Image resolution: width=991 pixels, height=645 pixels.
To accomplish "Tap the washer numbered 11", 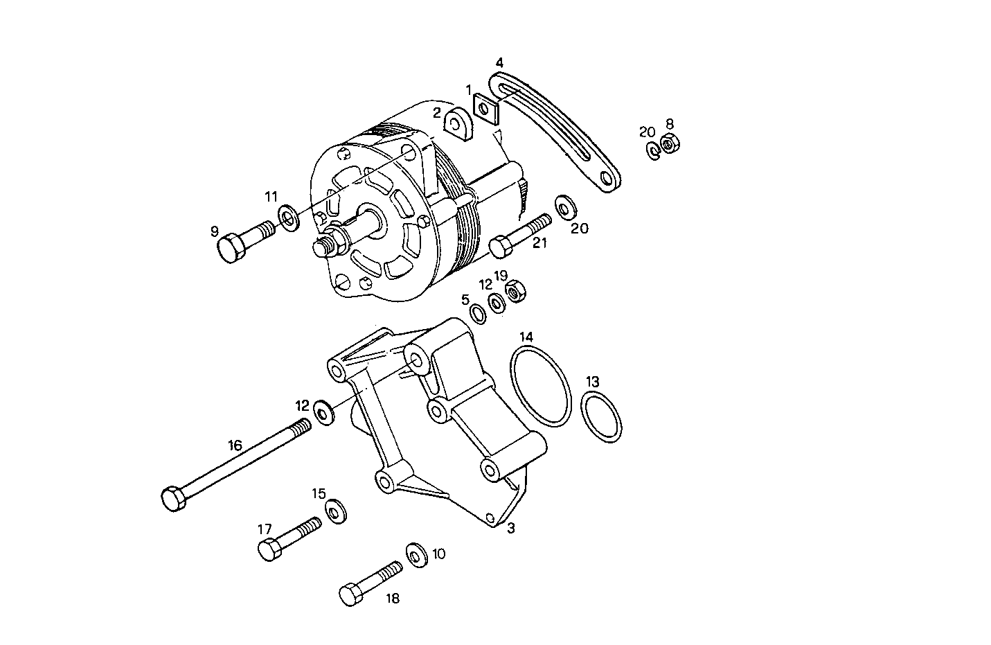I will (288, 217).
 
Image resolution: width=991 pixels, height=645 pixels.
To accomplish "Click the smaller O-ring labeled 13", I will (601, 416).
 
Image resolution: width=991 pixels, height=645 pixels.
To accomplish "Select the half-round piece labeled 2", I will (457, 124).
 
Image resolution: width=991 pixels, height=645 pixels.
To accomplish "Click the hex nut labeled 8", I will (670, 144).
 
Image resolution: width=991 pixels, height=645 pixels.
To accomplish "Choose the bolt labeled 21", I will (519, 235).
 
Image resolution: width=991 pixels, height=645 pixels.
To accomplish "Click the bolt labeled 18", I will (371, 583).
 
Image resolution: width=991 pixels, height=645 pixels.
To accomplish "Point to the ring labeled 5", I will (478, 313).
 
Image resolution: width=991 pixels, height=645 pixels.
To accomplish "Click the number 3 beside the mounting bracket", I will (511, 529).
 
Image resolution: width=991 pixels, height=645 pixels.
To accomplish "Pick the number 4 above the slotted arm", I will (499, 62).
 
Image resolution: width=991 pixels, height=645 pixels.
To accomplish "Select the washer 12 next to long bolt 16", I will (323, 412).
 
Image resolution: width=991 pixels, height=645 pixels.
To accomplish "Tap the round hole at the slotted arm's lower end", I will (607, 179).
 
